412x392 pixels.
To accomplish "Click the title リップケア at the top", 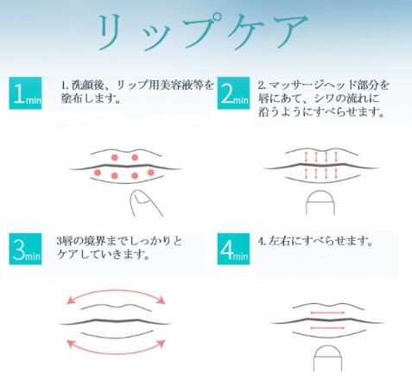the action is (x=202, y=32).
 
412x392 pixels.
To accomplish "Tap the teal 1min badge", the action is (x=25, y=93).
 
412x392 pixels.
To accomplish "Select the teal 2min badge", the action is (x=233, y=93).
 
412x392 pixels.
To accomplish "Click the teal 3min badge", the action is (x=25, y=249).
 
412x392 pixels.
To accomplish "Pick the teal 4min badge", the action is (x=233, y=249).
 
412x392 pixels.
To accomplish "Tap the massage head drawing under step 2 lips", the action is (x=320, y=202).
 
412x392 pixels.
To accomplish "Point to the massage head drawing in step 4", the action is (x=327, y=358).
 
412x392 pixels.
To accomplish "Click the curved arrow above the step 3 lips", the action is (x=116, y=291).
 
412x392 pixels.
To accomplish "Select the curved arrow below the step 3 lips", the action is (x=116, y=353).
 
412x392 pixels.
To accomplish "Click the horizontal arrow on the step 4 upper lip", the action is (x=327, y=313).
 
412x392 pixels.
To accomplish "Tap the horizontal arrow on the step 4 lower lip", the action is (x=327, y=327).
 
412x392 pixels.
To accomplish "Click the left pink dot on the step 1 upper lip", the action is (x=115, y=157).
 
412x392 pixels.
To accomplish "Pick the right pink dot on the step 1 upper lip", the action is (x=135, y=157).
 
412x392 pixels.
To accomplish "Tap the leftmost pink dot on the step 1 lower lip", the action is (x=98, y=173).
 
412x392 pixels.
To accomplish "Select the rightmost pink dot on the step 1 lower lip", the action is (x=151, y=173).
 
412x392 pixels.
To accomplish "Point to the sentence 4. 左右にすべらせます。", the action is (x=315, y=241).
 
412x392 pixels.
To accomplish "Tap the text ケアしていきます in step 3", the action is (x=99, y=254).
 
